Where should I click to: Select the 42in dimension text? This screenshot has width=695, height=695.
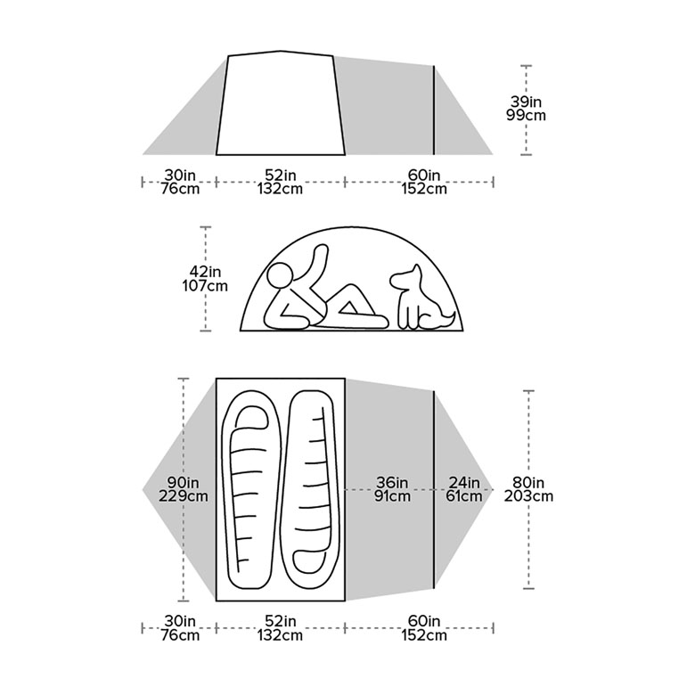[206, 272]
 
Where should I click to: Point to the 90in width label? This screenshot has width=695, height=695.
[183, 483]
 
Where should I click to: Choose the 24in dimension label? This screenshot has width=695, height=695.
[463, 483]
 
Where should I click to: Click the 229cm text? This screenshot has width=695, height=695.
[183, 496]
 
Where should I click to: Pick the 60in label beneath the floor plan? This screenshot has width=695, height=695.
[424, 622]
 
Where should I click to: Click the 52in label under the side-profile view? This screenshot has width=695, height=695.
[280, 175]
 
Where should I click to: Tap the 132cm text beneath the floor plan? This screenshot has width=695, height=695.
[280, 635]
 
